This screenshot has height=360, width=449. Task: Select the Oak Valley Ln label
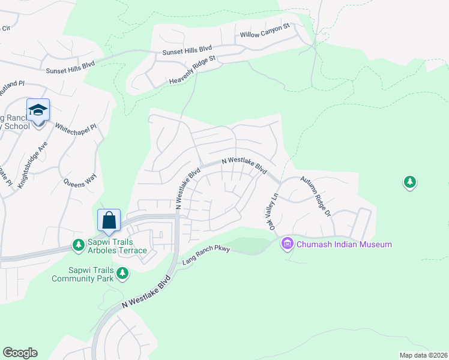[271, 209]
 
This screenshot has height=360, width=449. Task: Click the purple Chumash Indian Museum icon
[287, 244]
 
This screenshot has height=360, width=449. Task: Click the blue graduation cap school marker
[37, 110]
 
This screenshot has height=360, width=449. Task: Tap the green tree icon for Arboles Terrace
[78, 244]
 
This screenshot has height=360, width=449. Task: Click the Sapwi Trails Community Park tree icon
[122, 274]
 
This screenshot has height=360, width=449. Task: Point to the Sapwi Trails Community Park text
[83, 274]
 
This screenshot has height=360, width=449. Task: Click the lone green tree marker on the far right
[409, 181]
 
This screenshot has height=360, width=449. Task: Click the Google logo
[20, 353]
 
